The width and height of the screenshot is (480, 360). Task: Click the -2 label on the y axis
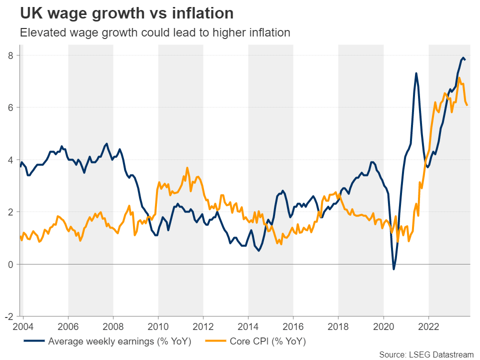9,316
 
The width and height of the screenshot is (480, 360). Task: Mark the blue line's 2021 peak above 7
416,73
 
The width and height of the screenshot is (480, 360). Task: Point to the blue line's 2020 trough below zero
393,269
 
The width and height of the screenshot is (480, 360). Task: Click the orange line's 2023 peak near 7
459,77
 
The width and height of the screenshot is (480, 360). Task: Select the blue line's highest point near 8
463,57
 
